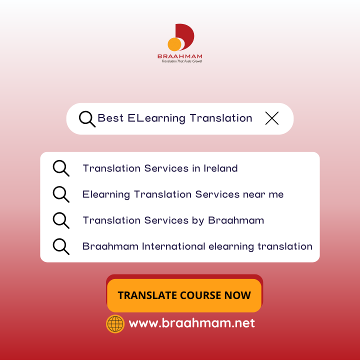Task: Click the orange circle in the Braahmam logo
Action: pyautogui.click(x=174, y=44)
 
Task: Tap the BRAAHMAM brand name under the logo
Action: pyautogui.click(x=180, y=56)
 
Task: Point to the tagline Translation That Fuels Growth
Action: pyautogui.click(x=182, y=61)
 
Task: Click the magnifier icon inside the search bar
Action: pyautogui.click(x=87, y=119)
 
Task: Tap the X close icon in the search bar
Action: pyautogui.click(x=272, y=118)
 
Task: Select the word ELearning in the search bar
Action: pyautogui.click(x=156, y=118)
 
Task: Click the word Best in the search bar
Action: pyautogui.click(x=110, y=118)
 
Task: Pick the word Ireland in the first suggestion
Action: pyautogui.click(x=220, y=168)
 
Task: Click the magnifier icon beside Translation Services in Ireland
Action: pyautogui.click(x=61, y=168)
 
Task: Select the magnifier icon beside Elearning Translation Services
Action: pyautogui.click(x=61, y=194)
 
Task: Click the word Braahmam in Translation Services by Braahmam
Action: pyautogui.click(x=236, y=220)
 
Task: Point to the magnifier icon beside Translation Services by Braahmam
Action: pyautogui.click(x=61, y=220)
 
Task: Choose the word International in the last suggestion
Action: pyautogui.click(x=173, y=246)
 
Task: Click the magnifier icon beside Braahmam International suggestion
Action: pyautogui.click(x=61, y=246)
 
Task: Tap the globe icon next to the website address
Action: pyautogui.click(x=115, y=323)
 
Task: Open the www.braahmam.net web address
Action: pyautogui.click(x=191, y=323)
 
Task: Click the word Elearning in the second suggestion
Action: pyautogui.click(x=106, y=194)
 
